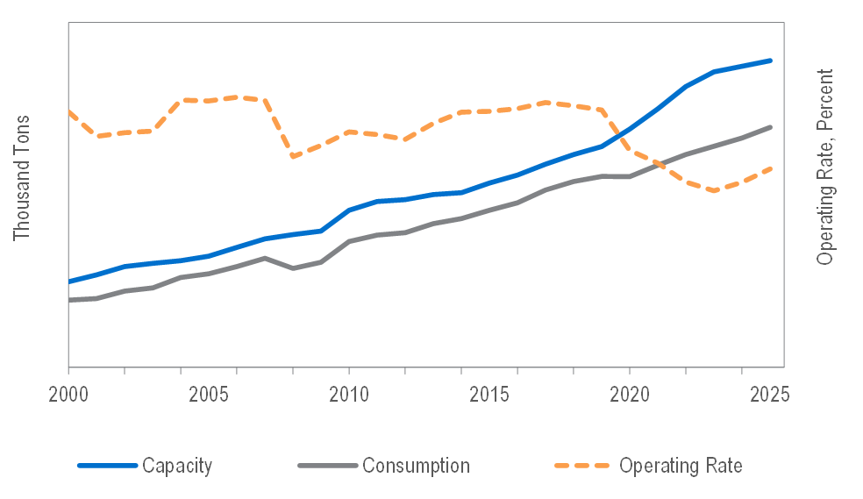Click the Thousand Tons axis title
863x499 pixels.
tap(22, 178)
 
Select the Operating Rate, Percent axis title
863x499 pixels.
tap(825, 167)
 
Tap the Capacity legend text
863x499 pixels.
tap(177, 465)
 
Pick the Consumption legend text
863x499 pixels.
tap(416, 465)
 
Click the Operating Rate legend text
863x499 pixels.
tap(681, 465)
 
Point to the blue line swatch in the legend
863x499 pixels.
tap(108, 465)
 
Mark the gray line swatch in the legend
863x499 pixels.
tap(327, 465)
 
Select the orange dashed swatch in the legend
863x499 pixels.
tap(581, 465)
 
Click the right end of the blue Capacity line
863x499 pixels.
tap(771, 61)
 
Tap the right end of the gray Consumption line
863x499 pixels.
tap(771, 127)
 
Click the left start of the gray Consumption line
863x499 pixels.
tap(69, 300)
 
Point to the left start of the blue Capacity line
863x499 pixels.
tap(69, 282)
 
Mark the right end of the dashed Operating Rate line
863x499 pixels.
tap(771, 168)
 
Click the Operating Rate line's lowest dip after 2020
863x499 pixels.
tap(716, 190)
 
